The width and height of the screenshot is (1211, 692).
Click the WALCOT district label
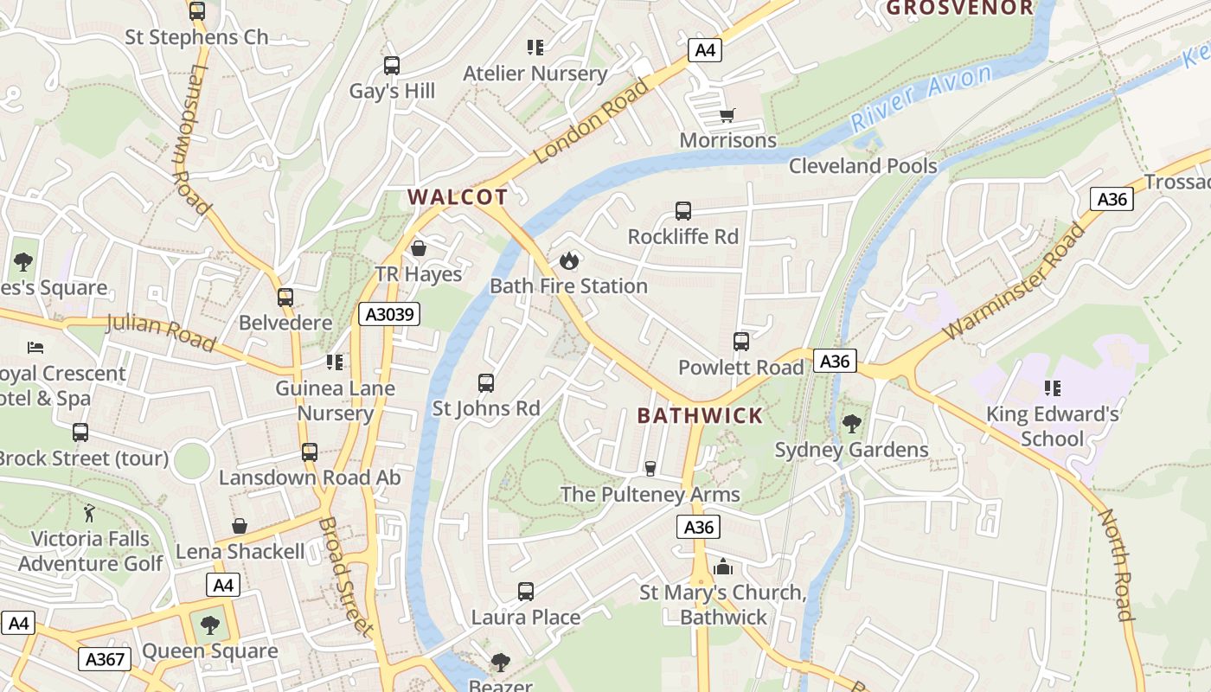point(457,196)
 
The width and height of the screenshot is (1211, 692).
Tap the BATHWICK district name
point(700,415)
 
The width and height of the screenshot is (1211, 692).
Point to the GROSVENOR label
point(960,8)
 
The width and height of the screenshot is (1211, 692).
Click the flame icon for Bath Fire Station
point(568,259)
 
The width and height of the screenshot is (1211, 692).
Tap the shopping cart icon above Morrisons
point(727,115)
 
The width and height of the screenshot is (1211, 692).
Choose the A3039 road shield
point(389,314)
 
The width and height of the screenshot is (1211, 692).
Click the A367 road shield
point(106,659)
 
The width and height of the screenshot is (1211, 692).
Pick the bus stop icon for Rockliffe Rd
point(682,210)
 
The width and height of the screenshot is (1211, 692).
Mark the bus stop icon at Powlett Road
point(740,341)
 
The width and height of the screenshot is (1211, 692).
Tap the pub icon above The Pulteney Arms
point(650,468)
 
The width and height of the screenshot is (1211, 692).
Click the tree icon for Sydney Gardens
point(851,423)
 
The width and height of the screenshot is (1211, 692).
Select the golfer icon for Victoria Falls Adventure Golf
point(89,513)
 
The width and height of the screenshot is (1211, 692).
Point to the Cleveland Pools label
point(862,165)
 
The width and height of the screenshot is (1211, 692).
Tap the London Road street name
point(591,121)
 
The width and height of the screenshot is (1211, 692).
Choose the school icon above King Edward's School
point(1052,388)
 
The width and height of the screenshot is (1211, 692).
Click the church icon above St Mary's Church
point(723,567)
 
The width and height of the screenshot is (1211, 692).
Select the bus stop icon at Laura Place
point(525,592)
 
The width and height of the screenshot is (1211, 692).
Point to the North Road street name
point(1116,564)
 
